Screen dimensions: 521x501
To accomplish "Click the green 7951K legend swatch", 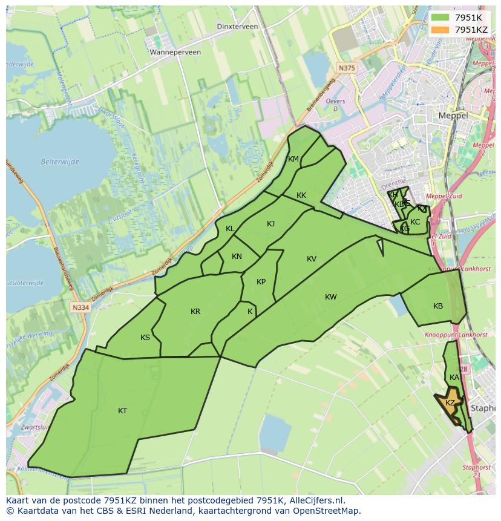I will pyautogui.click(x=440, y=18).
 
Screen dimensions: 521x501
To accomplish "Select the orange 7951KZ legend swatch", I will pyautogui.click(x=440, y=30).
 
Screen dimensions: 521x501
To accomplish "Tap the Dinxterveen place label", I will pyautogui.click(x=238, y=27).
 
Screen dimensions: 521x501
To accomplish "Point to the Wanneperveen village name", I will pyautogui.click(x=175, y=52).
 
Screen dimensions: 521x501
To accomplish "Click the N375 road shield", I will pyautogui.click(x=347, y=68).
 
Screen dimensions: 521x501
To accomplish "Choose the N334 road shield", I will pyautogui.click(x=80, y=307).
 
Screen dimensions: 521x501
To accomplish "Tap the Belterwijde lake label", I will pyautogui.click(x=60, y=162).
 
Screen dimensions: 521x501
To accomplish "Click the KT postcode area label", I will pyautogui.click(x=123, y=411).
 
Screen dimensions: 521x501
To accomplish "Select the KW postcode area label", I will pyautogui.click(x=330, y=297).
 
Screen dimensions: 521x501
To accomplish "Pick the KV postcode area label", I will pyautogui.click(x=312, y=259).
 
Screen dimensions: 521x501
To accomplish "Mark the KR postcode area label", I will pyautogui.click(x=195, y=312).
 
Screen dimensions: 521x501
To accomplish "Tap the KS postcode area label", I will pyautogui.click(x=145, y=338).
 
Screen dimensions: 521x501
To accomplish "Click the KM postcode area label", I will pyautogui.click(x=293, y=159).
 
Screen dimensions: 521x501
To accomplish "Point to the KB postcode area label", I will pyautogui.click(x=438, y=306).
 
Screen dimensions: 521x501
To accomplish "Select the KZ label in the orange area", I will pyautogui.click(x=450, y=403).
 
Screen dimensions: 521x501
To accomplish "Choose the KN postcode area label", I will pyautogui.click(x=237, y=257).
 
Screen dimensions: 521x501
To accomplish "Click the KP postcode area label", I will pyautogui.click(x=261, y=282).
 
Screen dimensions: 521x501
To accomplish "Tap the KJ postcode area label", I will pyautogui.click(x=270, y=224).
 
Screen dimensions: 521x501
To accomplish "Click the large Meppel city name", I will pyautogui.click(x=453, y=115).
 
